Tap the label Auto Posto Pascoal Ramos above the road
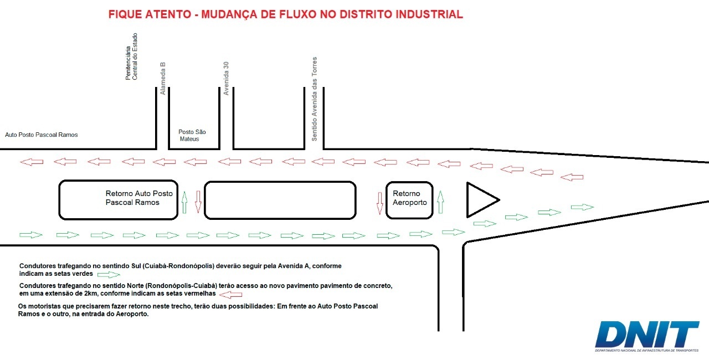(42, 135)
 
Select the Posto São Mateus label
(192, 135)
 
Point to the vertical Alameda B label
(163, 79)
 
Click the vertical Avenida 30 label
(226, 79)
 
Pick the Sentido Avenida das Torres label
(314, 99)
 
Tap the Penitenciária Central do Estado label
(131, 56)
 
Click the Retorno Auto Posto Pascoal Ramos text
(139, 198)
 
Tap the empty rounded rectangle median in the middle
(280, 182)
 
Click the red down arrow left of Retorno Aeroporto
(380, 203)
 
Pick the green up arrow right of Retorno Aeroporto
(440, 202)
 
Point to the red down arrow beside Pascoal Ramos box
(198, 202)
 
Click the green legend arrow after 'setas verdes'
(109, 275)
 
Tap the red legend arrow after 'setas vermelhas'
(231, 295)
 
